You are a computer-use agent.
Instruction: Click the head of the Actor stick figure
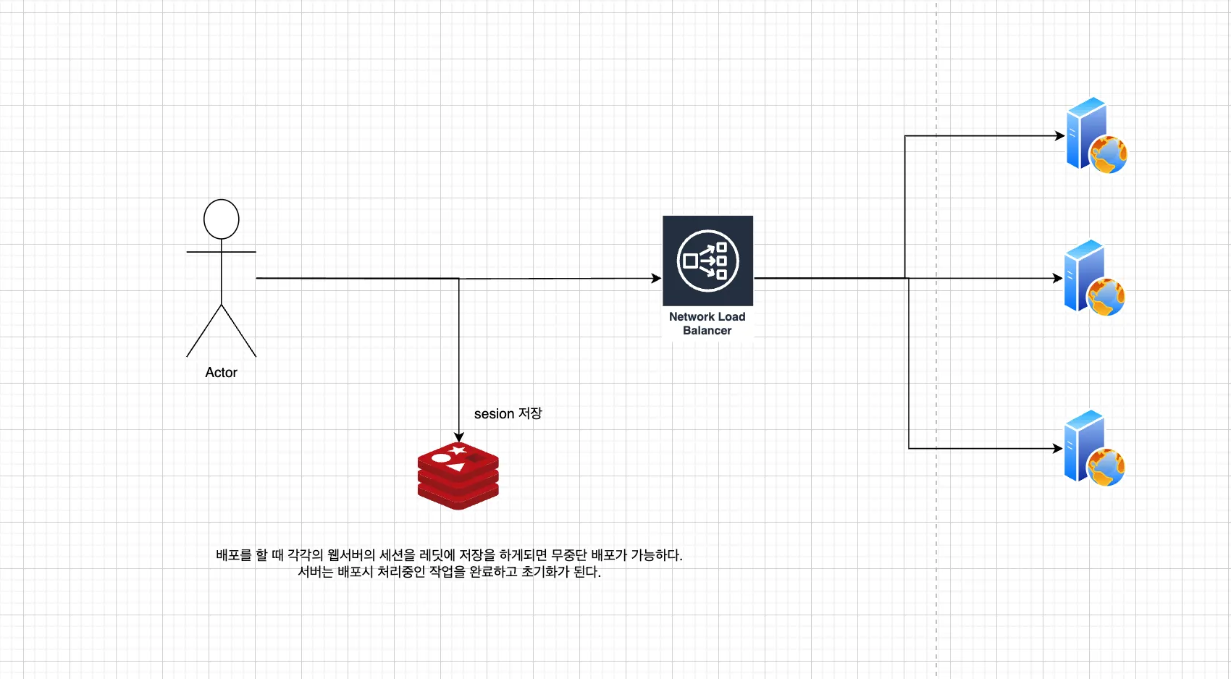221,219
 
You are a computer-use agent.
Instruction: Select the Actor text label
221,373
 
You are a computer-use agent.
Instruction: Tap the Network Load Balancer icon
707,261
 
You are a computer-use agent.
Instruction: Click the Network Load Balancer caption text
707,324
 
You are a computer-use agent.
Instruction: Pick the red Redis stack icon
458,476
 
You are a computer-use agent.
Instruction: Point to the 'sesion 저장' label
508,413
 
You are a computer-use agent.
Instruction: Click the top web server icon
1096,135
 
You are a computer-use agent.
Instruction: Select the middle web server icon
1093,278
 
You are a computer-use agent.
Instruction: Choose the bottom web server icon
1093,448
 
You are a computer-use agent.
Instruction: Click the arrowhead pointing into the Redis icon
458,437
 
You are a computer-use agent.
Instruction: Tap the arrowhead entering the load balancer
657,278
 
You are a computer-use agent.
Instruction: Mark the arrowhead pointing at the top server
1059,135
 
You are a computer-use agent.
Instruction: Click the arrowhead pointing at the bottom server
1058,448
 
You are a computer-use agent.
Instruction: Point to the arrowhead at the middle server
1058,278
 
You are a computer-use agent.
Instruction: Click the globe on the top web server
1109,154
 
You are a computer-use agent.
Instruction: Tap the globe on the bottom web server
1106,468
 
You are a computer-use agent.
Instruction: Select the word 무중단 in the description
569,555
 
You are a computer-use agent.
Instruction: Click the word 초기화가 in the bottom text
545,572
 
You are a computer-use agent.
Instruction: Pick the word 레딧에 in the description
437,555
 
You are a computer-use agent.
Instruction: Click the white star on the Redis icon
457,451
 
